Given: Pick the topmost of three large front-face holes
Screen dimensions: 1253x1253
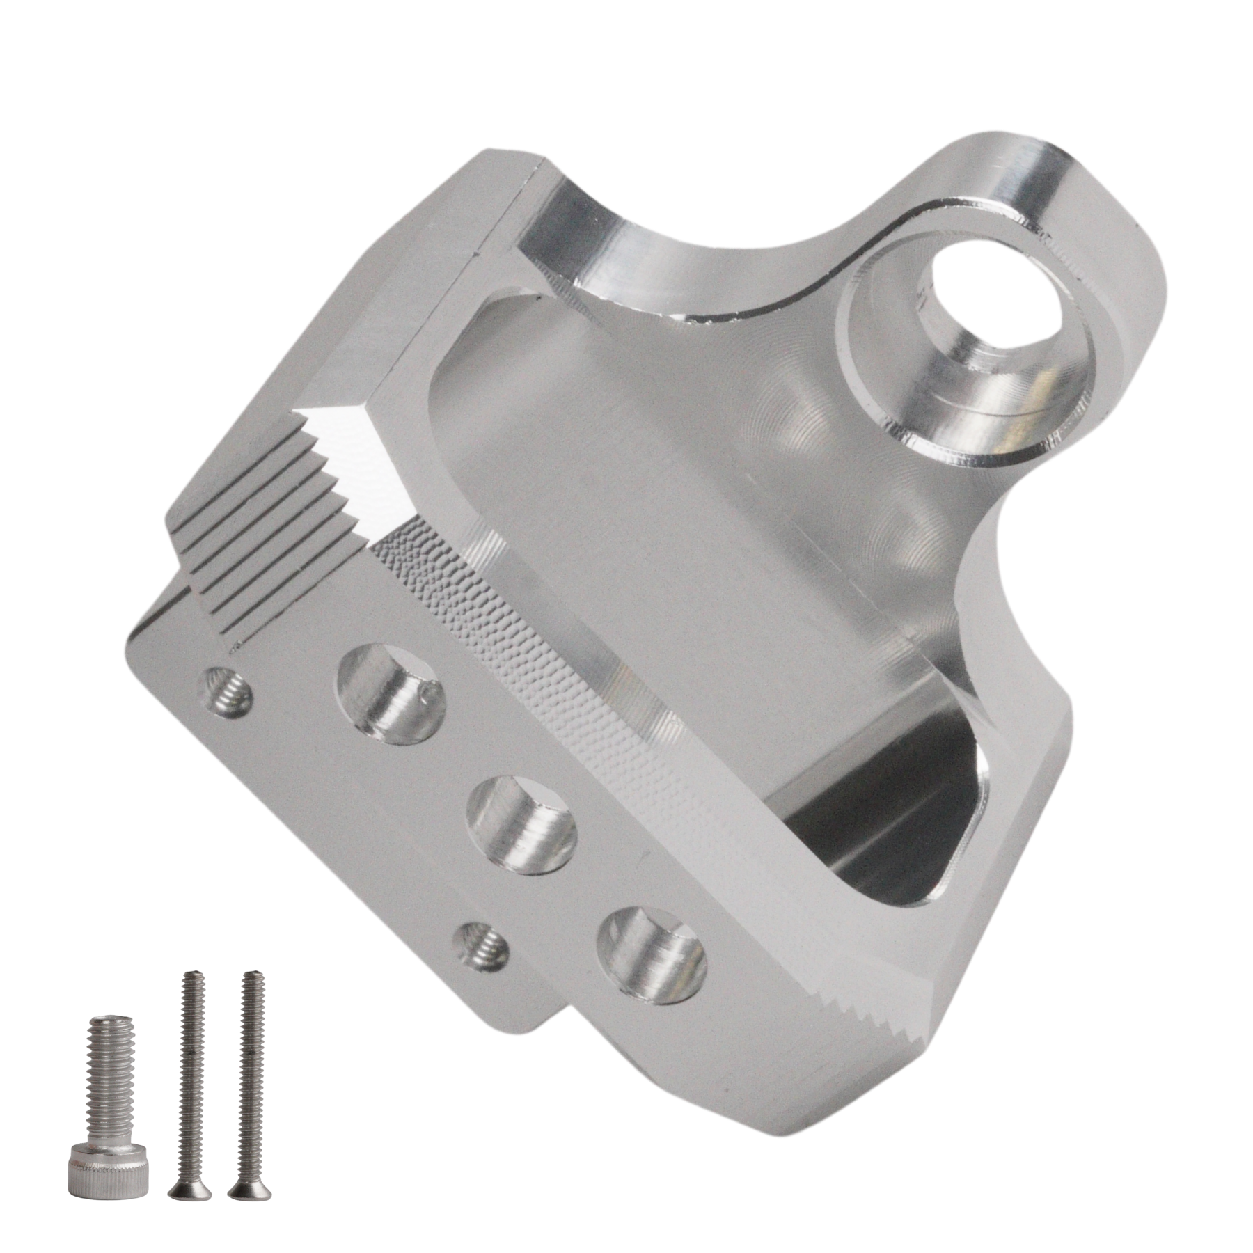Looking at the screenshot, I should [391, 693].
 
